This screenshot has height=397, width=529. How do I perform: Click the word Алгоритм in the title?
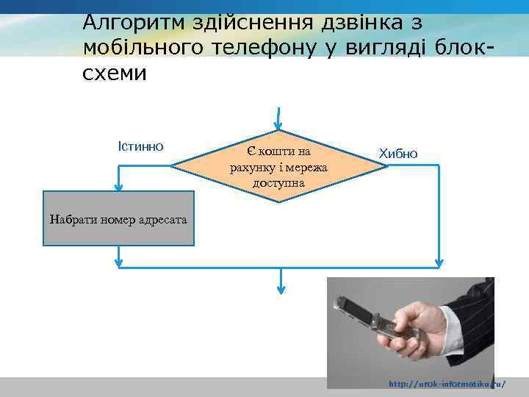(127, 23)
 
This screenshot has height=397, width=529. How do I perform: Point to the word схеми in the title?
(115, 74)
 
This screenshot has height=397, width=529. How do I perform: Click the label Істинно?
(140, 145)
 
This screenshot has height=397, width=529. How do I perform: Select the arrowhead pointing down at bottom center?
(281, 288)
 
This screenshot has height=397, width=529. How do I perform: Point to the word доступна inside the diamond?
(279, 182)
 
